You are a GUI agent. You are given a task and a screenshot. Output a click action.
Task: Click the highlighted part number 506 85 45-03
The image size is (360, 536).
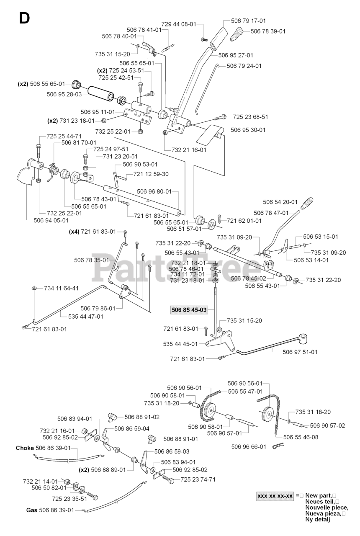click(x=189, y=310)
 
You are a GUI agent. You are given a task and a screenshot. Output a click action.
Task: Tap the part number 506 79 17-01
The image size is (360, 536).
click(x=248, y=21)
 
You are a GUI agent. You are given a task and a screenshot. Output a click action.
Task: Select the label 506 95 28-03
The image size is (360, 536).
click(x=64, y=94)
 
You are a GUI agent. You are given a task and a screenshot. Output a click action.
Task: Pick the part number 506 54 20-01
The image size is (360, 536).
click(x=280, y=202)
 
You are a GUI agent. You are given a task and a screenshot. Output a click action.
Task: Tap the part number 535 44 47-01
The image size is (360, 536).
click(x=86, y=316)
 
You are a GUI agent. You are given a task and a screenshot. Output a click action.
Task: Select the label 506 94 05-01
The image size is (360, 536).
click(x=51, y=220)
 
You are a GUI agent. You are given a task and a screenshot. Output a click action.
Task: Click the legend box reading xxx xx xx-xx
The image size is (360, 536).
click(x=275, y=496)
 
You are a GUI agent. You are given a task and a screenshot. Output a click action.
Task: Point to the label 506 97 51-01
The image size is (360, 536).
click(x=300, y=352)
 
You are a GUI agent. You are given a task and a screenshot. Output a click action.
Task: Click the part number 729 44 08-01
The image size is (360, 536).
click(x=179, y=24)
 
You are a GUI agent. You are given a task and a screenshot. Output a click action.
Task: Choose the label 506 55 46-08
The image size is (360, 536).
click(x=301, y=437)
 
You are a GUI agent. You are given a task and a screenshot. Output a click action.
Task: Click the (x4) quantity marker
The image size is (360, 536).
click(x=74, y=232)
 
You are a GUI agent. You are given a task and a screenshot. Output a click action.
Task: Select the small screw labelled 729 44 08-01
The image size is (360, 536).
click(x=204, y=39)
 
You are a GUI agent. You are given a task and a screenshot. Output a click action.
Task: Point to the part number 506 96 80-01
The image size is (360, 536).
click(x=154, y=191)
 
